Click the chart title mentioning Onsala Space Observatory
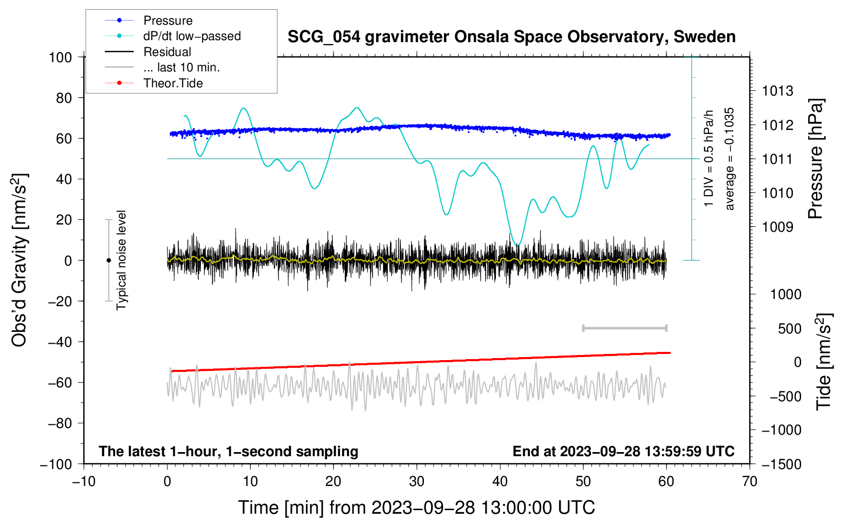(x=511, y=37)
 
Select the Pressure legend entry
(x=149, y=20)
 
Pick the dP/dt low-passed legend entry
(x=173, y=36)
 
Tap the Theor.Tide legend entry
(x=154, y=83)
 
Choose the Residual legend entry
(x=148, y=52)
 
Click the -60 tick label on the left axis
(x=60, y=383)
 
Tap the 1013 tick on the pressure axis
(x=777, y=91)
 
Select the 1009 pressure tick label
(x=777, y=228)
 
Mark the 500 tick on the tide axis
(x=789, y=329)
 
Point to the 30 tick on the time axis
(x=417, y=482)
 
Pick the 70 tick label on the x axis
(x=749, y=482)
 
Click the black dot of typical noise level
(x=108, y=260)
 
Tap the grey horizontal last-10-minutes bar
(x=624, y=328)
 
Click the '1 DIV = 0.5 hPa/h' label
(x=708, y=159)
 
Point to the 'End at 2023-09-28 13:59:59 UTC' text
(x=623, y=452)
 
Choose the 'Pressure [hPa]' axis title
(x=815, y=159)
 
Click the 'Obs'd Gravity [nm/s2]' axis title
(x=19, y=260)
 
